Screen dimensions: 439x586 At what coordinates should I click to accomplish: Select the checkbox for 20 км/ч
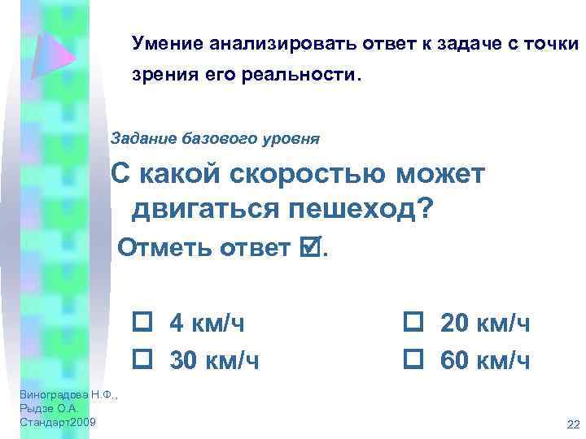coord(410,323)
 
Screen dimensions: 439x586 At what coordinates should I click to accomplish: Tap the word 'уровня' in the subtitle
coord(295,138)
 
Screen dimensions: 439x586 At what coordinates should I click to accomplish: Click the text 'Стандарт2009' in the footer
coord(56,422)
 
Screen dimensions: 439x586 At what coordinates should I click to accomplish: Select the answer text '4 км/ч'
coord(206,324)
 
